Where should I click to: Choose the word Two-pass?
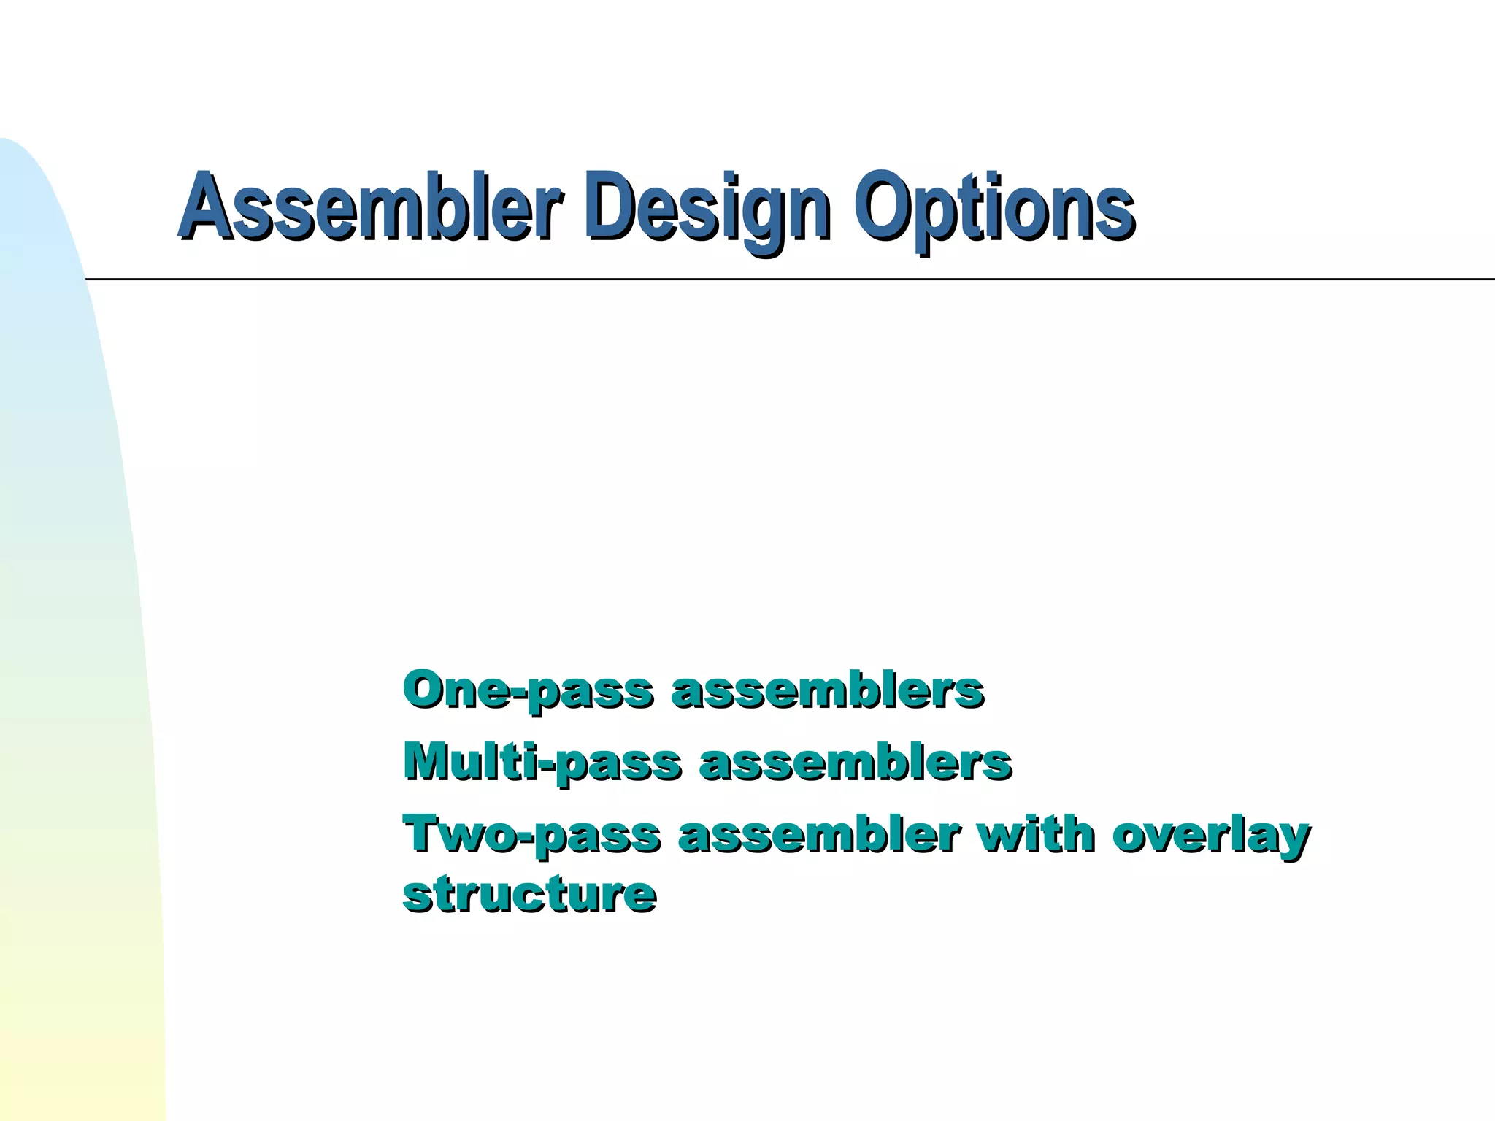[531, 835]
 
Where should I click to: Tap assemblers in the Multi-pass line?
[855, 763]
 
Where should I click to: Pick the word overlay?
[1211, 836]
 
